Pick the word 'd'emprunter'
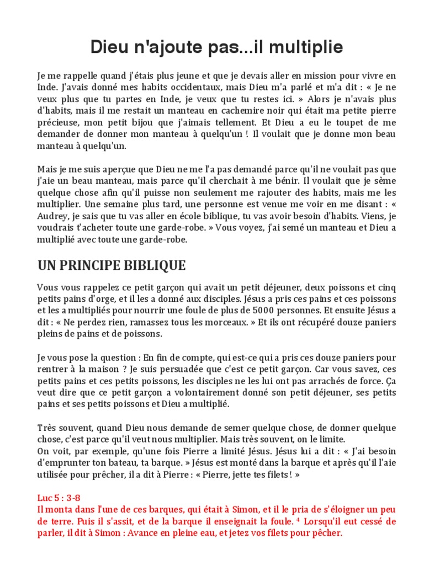[67, 462]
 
